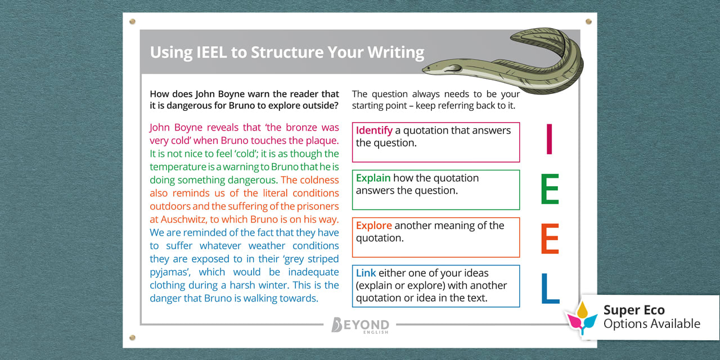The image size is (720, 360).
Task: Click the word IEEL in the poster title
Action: click(x=211, y=52)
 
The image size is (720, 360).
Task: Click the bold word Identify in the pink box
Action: click(x=374, y=130)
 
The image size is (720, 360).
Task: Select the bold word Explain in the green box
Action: click(x=373, y=178)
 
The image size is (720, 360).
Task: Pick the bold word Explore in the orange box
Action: click(x=374, y=226)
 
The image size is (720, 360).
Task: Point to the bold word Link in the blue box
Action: click(x=366, y=273)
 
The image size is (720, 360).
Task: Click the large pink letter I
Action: click(x=550, y=139)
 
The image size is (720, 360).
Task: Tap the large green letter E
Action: click(x=550, y=189)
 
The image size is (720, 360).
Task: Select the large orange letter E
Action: click(x=550, y=239)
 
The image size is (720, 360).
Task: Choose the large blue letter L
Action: click(x=550, y=289)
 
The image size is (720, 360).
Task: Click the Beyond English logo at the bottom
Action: click(x=360, y=325)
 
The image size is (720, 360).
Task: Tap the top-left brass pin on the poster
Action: click(x=132, y=21)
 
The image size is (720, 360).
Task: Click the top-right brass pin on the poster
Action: click(x=588, y=21)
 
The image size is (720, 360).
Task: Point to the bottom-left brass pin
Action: click(x=132, y=337)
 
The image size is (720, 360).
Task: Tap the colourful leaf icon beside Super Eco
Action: click(x=582, y=318)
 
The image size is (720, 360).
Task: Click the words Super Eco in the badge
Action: click(x=634, y=310)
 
